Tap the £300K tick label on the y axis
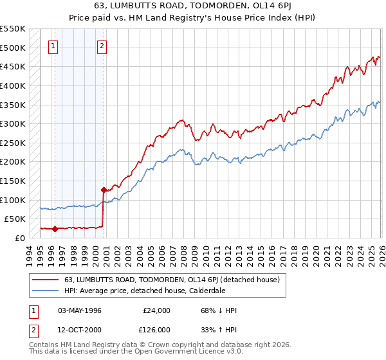[12, 123]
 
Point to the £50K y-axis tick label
[14, 219]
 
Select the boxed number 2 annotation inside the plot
[102, 46]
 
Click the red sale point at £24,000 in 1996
[55, 228]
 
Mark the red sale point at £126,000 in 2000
[103, 190]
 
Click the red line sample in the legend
[46, 280]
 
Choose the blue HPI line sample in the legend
[46, 291]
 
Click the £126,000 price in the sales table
[156, 330]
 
